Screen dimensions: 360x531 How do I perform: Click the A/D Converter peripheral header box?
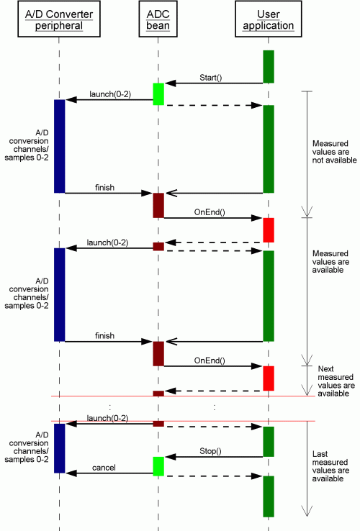coord(59,19)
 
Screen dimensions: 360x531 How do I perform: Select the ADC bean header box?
coord(158,19)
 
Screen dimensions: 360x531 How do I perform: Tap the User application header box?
coord(269,19)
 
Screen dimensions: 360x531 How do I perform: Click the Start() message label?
coord(210,78)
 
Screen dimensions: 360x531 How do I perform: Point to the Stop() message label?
coord(210,451)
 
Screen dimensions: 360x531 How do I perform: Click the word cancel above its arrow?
coord(104,468)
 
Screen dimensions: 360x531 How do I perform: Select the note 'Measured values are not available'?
coord(334,152)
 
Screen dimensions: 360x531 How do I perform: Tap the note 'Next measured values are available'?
coord(336,381)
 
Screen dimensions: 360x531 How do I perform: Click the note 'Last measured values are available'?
coord(330,466)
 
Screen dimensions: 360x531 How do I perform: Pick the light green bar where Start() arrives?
coord(158,94)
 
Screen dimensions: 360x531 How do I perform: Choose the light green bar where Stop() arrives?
coord(158,466)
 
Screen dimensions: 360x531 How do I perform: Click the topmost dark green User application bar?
coord(269,67)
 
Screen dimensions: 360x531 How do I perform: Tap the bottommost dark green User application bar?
coord(269,496)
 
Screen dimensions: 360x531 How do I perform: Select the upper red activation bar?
coord(269,230)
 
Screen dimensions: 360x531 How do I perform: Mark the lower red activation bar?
coord(269,378)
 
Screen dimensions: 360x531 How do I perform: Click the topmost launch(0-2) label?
coord(110,94)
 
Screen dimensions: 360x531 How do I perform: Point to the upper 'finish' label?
coord(104,188)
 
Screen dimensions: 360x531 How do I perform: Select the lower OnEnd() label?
coord(210,360)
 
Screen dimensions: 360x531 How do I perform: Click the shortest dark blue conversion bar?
coord(59,448)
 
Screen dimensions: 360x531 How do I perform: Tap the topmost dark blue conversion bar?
coord(59,146)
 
